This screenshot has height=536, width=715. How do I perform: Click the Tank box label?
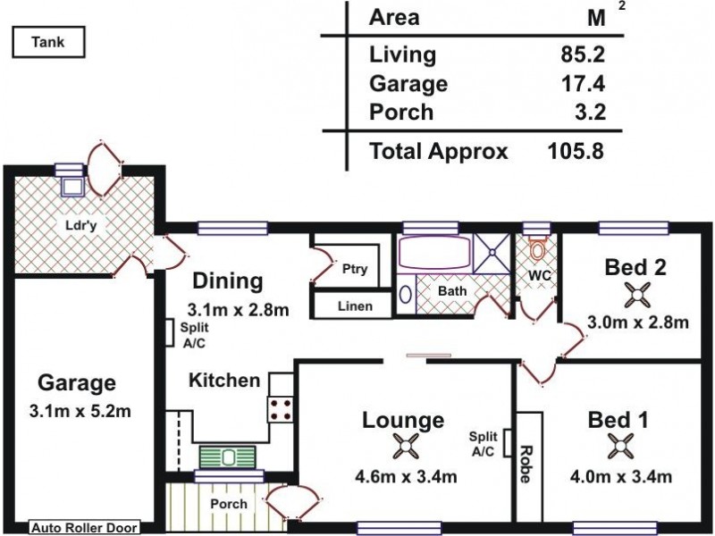(x=48, y=40)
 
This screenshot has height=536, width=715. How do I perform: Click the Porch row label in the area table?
(x=401, y=113)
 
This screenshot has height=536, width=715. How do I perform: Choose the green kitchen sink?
(x=227, y=456)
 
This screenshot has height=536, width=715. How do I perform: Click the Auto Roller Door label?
(x=85, y=528)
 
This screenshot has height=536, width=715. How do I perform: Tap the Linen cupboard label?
(x=355, y=306)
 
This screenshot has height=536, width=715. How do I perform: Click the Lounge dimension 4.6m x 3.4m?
(x=402, y=477)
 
